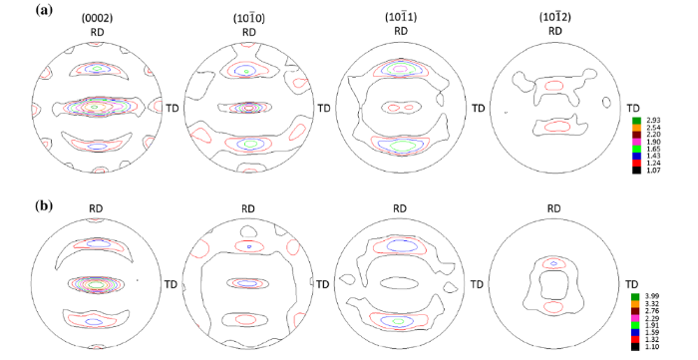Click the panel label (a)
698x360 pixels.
44,10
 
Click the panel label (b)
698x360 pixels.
44,205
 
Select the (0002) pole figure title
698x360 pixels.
97,19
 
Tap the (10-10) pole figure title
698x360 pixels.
249,19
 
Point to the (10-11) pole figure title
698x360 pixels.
401,18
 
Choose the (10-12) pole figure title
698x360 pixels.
554,18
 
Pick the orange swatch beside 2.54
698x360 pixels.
636,128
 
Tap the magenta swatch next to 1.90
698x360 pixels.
636,142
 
